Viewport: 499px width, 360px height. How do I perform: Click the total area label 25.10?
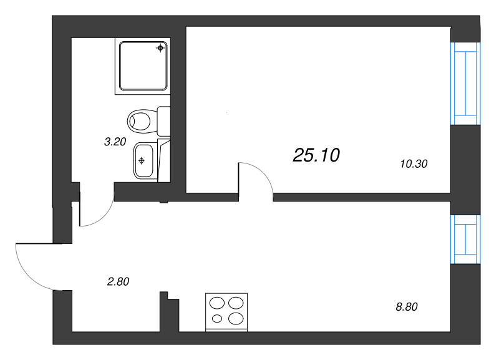[316, 155]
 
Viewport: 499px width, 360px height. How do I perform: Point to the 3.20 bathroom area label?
[115, 142]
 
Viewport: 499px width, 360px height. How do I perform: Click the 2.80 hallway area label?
[118, 281]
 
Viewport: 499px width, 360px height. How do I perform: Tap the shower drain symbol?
[161, 47]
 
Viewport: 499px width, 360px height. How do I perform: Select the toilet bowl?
[141, 119]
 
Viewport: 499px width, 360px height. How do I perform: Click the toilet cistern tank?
[164, 121]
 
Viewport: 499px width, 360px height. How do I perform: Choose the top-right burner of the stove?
[236, 303]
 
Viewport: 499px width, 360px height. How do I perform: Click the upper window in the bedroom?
[466, 83]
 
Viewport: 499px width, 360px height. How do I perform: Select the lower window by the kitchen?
[466, 240]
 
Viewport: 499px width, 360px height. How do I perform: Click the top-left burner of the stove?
[218, 303]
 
